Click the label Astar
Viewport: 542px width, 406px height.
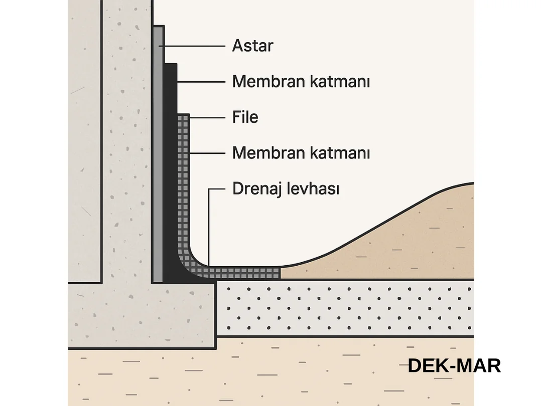click(x=252, y=46)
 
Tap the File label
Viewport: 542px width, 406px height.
click(x=245, y=117)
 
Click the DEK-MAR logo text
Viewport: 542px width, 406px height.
click(x=454, y=366)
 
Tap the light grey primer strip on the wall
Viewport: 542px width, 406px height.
click(x=158, y=150)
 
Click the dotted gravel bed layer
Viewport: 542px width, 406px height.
click(x=346, y=308)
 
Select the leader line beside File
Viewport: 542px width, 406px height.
click(x=207, y=117)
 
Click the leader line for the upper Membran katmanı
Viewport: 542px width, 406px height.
click(x=201, y=82)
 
